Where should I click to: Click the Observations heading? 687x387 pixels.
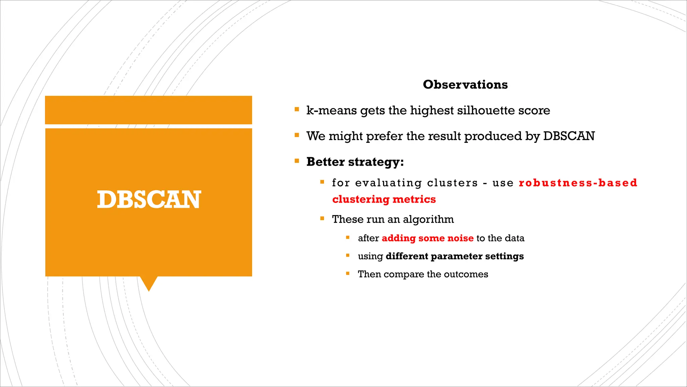tap(465, 84)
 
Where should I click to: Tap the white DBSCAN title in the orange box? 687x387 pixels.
tap(149, 200)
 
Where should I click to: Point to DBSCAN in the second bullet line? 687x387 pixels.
tap(569, 136)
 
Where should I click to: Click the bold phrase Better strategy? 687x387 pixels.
tap(355, 162)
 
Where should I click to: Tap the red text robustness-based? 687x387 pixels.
tap(578, 183)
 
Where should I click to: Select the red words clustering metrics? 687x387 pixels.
tap(384, 200)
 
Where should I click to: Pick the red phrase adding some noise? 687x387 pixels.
tap(427, 238)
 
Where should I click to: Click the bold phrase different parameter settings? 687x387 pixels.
tap(455, 256)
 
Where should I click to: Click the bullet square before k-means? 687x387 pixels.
tap(297, 109)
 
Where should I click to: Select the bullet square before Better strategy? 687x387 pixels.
tap(297, 161)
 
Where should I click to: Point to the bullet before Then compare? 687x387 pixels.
tap(348, 274)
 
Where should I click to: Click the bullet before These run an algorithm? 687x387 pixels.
tap(322, 218)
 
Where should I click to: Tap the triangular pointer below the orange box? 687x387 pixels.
tap(149, 283)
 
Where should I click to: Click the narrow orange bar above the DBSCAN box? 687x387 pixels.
tap(148, 110)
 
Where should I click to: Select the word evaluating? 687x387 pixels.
tap(388, 183)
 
